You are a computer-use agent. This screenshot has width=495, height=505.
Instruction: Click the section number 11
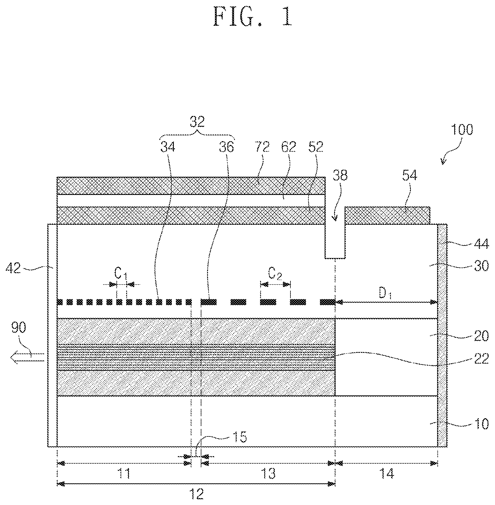click(124, 474)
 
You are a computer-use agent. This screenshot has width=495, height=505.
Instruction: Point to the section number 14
click(386, 474)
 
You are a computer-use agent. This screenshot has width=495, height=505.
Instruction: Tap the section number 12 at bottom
click(196, 494)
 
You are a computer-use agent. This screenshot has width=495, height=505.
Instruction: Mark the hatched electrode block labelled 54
click(387, 215)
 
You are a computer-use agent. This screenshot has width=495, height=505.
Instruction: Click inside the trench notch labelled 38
click(335, 240)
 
